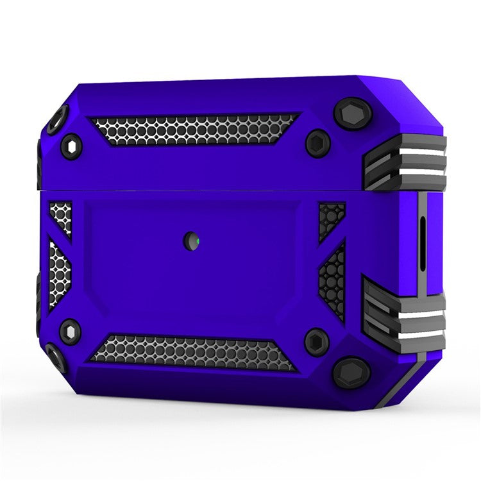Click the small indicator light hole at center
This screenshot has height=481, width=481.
tap(190, 240)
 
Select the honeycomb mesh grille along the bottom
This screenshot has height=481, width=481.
tap(192, 352)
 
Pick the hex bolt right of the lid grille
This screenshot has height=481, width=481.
tap(317, 142)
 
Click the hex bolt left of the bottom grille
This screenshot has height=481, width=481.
tap(70, 332)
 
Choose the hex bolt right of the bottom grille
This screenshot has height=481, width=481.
tap(317, 341)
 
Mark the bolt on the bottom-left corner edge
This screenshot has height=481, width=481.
tap(55, 357)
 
